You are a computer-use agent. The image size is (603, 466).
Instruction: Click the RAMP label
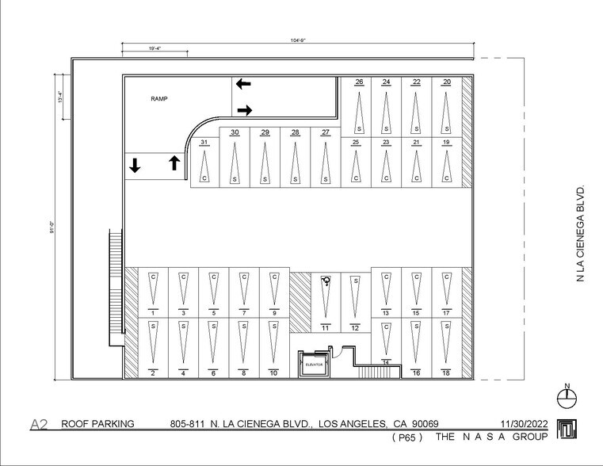pyautogui.click(x=160, y=99)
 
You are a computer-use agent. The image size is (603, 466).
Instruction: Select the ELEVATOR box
pyautogui.click(x=314, y=364)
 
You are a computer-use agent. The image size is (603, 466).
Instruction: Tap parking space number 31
pyautogui.click(x=204, y=143)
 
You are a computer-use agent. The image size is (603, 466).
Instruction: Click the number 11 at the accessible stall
pyautogui.click(x=325, y=327)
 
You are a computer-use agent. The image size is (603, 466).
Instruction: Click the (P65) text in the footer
pyautogui.click(x=406, y=437)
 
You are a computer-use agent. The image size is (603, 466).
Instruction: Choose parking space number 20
pyautogui.click(x=447, y=82)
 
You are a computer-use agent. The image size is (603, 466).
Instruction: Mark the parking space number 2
pyautogui.click(x=152, y=372)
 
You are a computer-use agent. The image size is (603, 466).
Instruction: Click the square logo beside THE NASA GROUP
pyautogui.click(x=567, y=428)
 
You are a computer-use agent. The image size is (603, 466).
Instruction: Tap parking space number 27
pyautogui.click(x=325, y=132)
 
